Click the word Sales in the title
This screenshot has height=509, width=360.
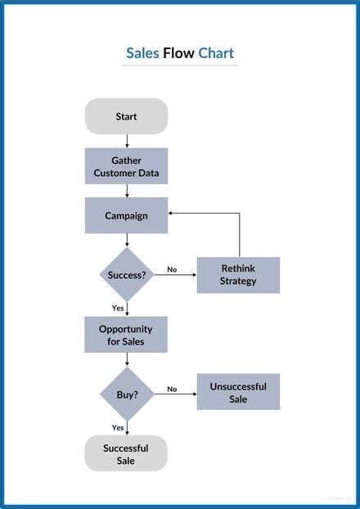[142, 54]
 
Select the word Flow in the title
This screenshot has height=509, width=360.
[178, 54]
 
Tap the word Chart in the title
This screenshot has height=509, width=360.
[216, 54]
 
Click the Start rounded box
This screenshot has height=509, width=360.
[126, 116]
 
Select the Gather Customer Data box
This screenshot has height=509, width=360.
[126, 166]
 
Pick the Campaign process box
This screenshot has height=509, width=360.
[126, 216]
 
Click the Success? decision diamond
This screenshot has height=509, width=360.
[127, 275]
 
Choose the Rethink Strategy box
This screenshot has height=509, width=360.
[238, 275]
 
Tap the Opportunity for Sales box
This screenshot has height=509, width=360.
[126, 335]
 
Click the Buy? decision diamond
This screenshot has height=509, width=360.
[127, 394]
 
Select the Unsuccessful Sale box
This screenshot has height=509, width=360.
[238, 392]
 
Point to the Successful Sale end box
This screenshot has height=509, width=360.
[126, 453]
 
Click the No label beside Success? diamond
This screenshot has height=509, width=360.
[172, 269]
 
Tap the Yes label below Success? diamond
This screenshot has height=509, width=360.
[118, 308]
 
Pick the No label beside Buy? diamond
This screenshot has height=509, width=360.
[172, 389]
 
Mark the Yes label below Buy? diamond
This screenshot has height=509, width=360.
[118, 427]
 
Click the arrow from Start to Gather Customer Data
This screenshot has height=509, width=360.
[127, 141]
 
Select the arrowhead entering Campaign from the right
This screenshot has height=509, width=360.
[172, 214]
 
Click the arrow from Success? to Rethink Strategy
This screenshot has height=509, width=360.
[176, 275]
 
